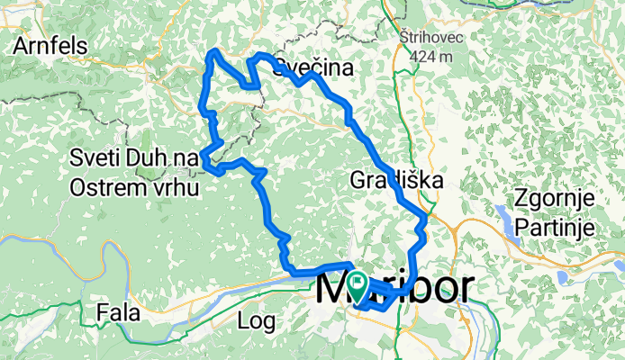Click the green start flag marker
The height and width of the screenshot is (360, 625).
click(x=357, y=286)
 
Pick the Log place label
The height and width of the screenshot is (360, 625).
click(x=256, y=319)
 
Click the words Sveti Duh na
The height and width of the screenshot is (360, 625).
click(x=133, y=159)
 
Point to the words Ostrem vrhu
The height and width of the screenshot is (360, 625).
click(x=134, y=186)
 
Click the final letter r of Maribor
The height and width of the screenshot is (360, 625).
click(x=467, y=290)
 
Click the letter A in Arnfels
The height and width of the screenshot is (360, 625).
click(x=20, y=47)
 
